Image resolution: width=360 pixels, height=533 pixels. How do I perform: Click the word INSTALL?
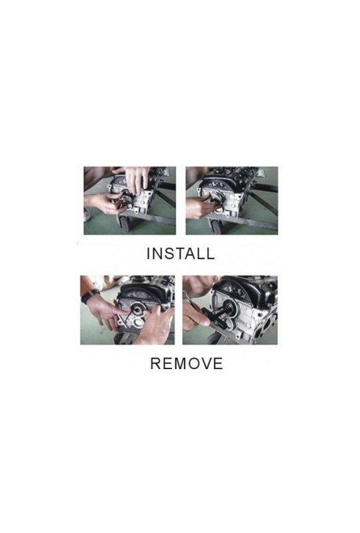(181, 254)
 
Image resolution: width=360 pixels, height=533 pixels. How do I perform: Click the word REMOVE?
(187, 363)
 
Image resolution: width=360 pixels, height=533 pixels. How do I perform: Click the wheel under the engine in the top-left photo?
(123, 225)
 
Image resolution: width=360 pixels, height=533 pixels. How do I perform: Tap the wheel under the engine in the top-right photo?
(215, 226)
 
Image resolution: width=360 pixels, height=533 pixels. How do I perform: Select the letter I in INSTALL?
(149, 254)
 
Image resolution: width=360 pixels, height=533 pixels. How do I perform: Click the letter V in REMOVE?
(205, 363)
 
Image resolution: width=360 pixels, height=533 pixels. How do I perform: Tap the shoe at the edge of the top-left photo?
(87, 215)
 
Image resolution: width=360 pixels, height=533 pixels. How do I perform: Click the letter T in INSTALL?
(179, 254)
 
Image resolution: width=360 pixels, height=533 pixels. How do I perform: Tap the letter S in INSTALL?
(169, 254)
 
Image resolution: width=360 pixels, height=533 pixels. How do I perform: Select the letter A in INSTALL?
(191, 254)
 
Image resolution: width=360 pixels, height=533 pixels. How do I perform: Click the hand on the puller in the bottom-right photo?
(195, 318)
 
